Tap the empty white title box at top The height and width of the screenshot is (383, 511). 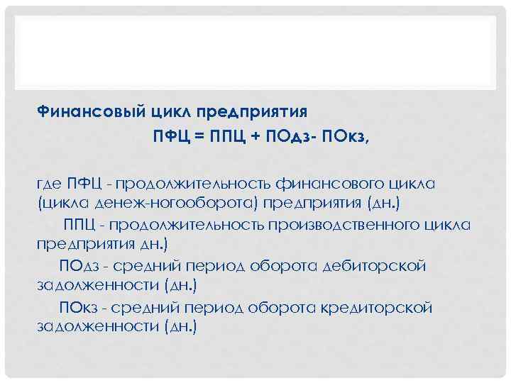click(255, 50)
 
